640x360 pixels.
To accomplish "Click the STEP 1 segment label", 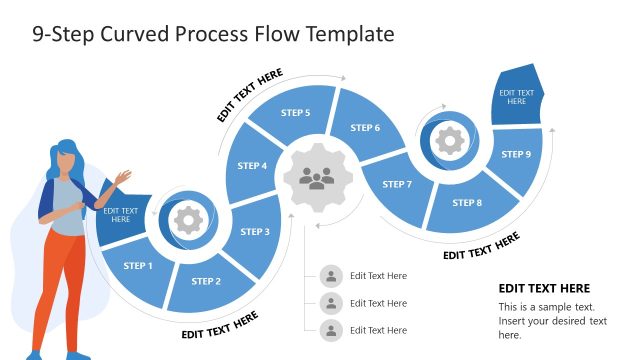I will (x=137, y=266).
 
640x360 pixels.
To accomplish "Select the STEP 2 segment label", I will (x=205, y=281).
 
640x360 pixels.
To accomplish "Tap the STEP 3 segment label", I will (x=254, y=232).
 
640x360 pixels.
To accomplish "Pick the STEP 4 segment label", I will (x=252, y=166).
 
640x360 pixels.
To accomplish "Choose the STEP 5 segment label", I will (x=295, y=113).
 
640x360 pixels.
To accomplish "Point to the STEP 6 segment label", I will (x=365, y=128).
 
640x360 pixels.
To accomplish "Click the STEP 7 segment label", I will (x=396, y=184).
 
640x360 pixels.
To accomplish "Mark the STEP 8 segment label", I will (x=466, y=203).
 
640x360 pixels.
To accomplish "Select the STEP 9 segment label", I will (x=515, y=154).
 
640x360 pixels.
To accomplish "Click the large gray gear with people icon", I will (x=317, y=179).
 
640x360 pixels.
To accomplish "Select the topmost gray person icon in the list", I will (x=331, y=276).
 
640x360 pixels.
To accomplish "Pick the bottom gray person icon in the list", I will (x=331, y=330).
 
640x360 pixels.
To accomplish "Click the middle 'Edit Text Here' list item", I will (x=378, y=303).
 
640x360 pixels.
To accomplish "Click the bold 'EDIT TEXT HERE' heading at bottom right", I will (x=544, y=288).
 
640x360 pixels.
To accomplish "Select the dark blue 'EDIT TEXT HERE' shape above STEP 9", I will (x=516, y=96).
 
